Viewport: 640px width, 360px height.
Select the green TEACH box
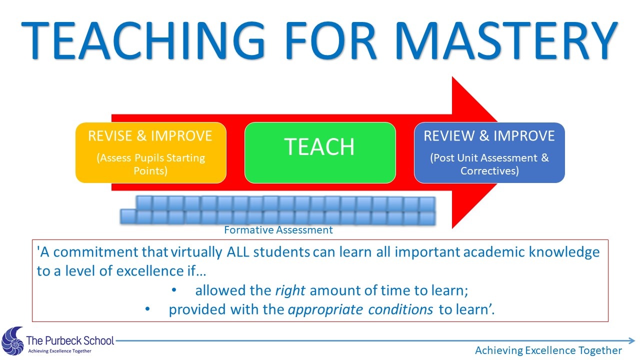[x=320, y=152]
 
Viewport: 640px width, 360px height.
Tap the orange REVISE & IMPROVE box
[x=150, y=152]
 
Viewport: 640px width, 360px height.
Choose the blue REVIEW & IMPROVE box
[x=489, y=152]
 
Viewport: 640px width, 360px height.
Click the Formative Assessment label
[x=278, y=230]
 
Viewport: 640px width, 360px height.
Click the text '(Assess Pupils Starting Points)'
[x=150, y=164]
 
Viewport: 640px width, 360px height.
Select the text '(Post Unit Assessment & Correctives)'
[x=489, y=164]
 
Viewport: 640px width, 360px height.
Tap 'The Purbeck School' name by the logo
[x=70, y=341]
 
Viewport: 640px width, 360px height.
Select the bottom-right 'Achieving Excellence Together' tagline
[x=548, y=350]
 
